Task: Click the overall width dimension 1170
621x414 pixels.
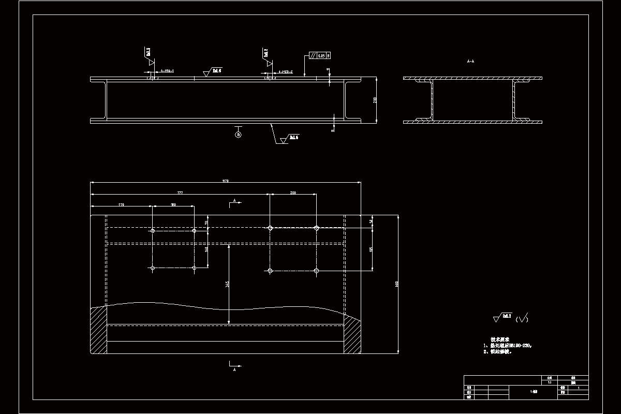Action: click(x=225, y=181)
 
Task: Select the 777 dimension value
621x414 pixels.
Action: click(x=180, y=193)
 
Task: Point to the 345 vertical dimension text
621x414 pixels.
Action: click(x=227, y=284)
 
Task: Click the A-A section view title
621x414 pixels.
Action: click(x=470, y=62)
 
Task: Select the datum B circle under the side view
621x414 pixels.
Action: click(x=238, y=135)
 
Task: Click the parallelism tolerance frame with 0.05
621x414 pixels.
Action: click(x=320, y=55)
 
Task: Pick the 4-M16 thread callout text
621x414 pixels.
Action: click(x=167, y=71)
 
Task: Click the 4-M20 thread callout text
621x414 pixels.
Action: click(x=286, y=72)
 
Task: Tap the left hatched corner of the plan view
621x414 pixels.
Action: click(x=98, y=330)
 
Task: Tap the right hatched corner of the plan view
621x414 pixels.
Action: click(x=352, y=334)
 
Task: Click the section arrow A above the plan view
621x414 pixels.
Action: click(x=234, y=202)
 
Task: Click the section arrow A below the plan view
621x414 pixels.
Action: click(x=234, y=367)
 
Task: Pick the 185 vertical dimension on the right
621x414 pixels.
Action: click(x=371, y=249)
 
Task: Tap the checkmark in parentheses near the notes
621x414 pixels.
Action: click(x=522, y=319)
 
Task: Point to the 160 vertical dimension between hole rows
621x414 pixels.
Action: click(x=206, y=249)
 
